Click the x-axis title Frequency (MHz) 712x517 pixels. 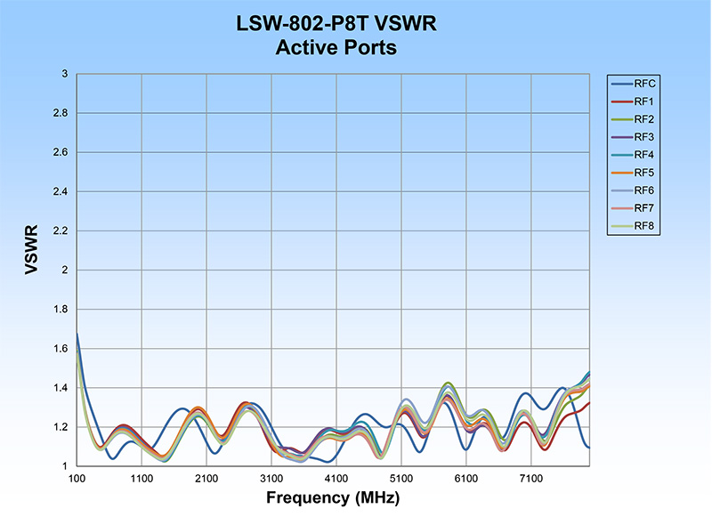click(x=332, y=497)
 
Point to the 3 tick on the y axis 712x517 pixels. click(x=64, y=74)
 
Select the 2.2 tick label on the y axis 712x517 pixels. click(x=58, y=230)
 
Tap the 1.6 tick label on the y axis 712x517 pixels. click(x=58, y=348)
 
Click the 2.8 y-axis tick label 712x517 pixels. click(x=58, y=113)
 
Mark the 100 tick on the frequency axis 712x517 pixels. click(x=77, y=478)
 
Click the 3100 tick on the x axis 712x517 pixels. click(x=271, y=478)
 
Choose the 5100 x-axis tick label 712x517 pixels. click(x=401, y=478)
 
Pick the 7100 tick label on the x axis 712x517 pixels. click(x=531, y=478)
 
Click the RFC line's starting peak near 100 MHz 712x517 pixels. click(x=77, y=335)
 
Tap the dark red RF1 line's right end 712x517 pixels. click(x=588, y=403)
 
